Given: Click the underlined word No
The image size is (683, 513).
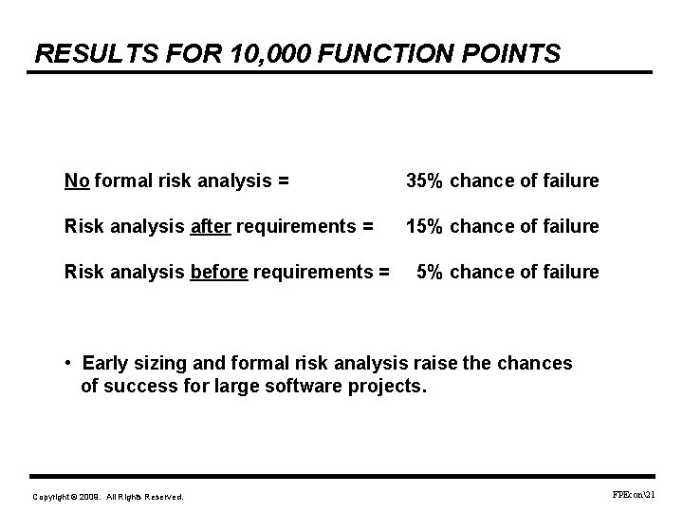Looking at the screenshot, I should point(76,180).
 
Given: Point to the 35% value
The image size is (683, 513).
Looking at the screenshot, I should point(423,180).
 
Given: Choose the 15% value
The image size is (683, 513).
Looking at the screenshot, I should point(423,226).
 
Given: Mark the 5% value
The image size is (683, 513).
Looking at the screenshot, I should point(430,273).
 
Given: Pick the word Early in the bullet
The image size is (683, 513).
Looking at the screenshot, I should point(103,363).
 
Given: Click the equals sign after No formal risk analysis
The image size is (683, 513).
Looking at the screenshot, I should point(285,180).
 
